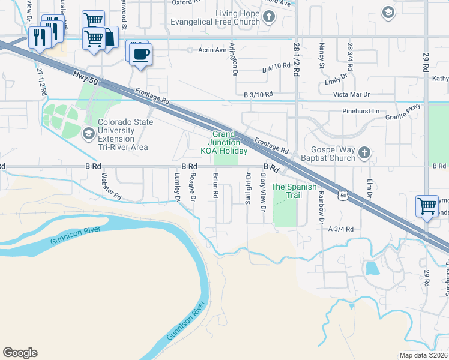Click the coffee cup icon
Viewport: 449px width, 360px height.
point(141,54)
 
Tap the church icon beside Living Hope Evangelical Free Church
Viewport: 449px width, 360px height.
point(270,17)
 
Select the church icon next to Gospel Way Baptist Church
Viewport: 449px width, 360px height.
point(364,154)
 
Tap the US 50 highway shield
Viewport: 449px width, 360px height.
point(342,196)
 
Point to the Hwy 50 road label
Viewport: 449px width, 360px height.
point(85,76)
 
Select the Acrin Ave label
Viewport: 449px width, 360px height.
point(211,50)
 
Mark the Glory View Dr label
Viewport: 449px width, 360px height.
point(263,192)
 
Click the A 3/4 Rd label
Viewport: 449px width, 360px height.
point(340,229)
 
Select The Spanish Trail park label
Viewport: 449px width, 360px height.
point(294,191)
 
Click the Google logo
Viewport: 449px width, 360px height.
point(20,353)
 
